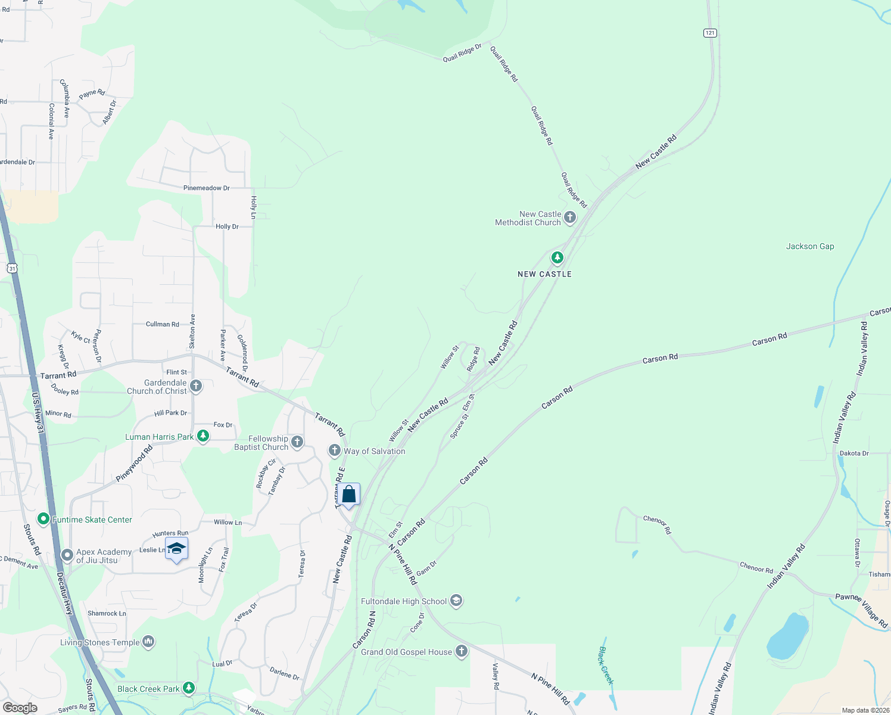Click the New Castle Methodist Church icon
coord(570,217)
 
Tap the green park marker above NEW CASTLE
coord(557,257)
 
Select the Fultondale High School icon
coord(456,601)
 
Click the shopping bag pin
coord(349,495)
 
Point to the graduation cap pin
coord(176,549)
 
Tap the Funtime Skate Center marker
coord(43,520)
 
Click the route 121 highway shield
coord(710,33)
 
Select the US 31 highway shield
coord(13,269)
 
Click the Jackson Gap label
coord(810,246)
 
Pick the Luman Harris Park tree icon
coord(203,437)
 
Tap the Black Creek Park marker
coord(189,689)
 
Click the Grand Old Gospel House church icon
coord(462,651)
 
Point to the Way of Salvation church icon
coord(335,450)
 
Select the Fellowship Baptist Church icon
coord(297,442)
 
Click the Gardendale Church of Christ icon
coord(195,387)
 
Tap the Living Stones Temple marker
coord(149,642)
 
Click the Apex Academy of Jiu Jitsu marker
coord(67,555)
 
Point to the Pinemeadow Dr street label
coord(207,188)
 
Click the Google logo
coord(20,708)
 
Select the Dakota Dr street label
coord(854,453)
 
